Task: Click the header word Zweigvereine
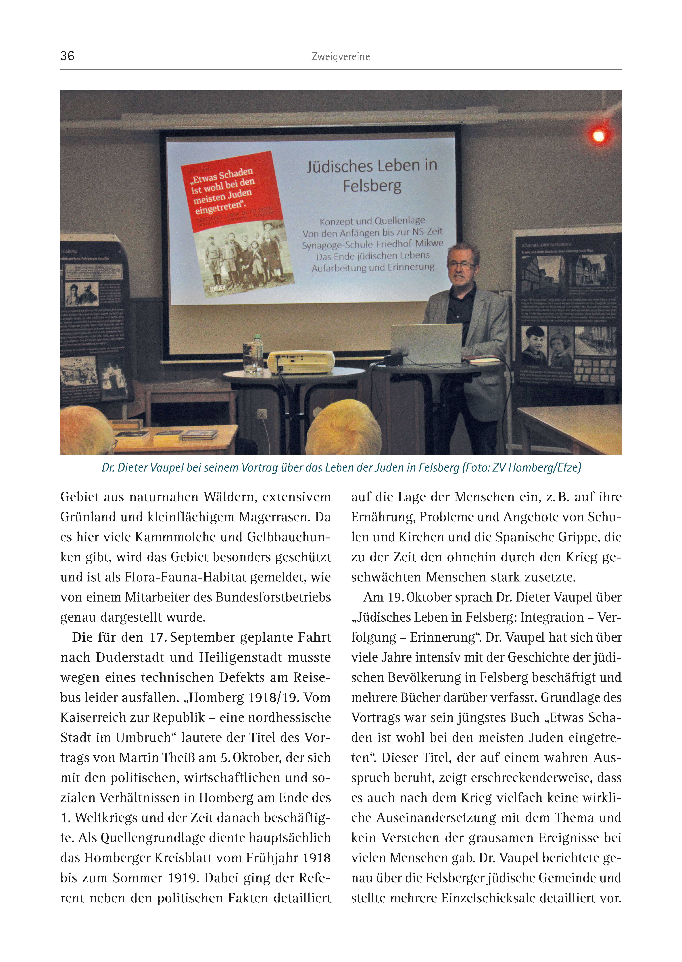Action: tap(341, 57)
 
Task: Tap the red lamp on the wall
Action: tap(598, 136)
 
